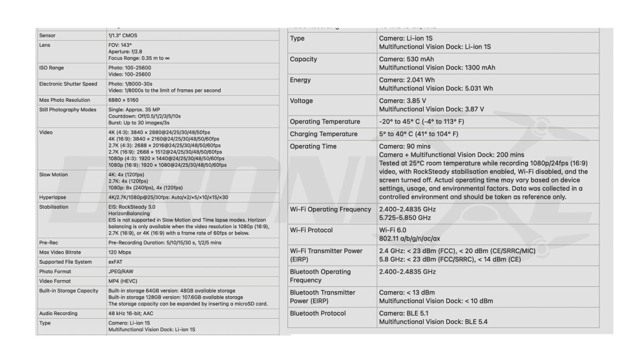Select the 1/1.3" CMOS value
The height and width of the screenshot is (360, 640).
[x=122, y=36]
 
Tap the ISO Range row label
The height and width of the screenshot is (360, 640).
[x=51, y=67]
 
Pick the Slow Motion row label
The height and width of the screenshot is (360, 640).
[x=54, y=175]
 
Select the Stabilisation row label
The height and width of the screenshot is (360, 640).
[x=54, y=207]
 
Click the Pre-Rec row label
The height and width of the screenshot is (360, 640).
[x=49, y=242]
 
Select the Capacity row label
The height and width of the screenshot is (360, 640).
[x=303, y=59]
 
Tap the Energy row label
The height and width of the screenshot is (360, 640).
[x=300, y=80]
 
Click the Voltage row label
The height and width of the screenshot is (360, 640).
[x=302, y=101]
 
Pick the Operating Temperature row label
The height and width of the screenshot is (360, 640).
[x=325, y=121]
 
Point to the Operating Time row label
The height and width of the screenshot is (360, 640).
[x=313, y=146]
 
